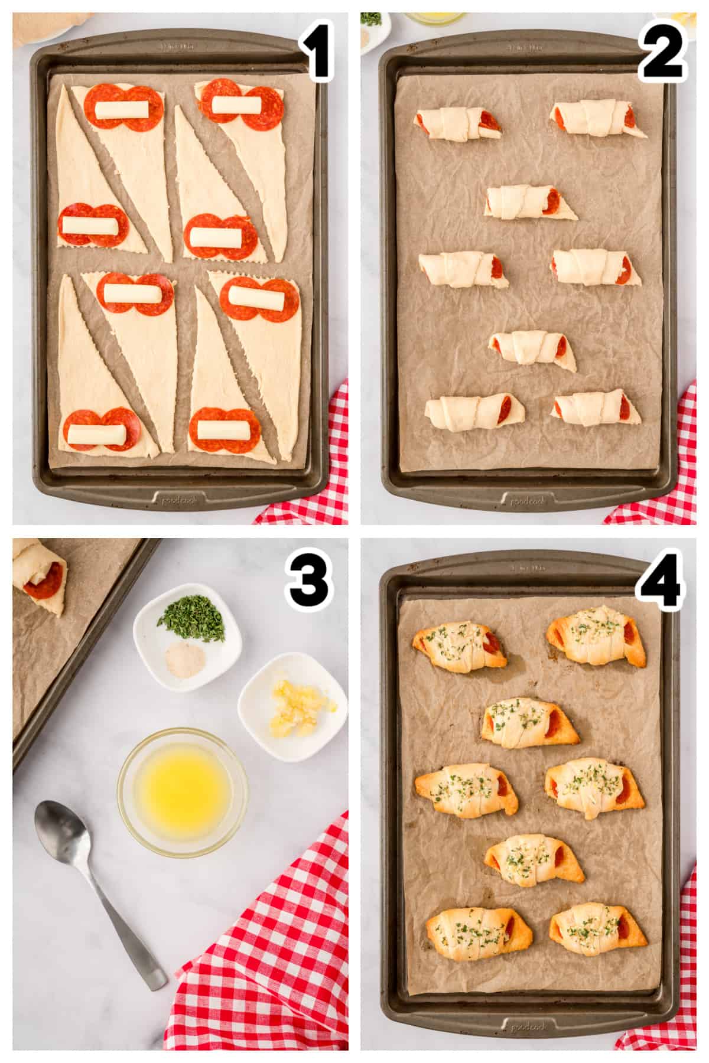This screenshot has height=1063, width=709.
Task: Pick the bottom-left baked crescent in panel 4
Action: (x=479, y=935)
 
